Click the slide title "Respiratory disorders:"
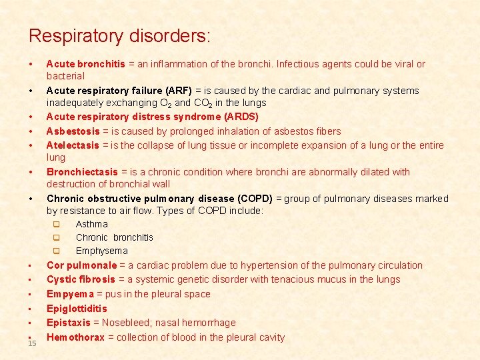pos(119,35)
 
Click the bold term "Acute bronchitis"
pos(85,64)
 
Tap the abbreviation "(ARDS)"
pos(241,117)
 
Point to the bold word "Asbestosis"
pos(73,131)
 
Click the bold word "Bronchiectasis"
pos(81,171)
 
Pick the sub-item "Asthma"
pos(91,224)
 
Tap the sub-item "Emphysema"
pos(101,251)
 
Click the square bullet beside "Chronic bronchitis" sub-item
pos(57,237)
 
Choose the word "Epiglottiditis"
pos(76,308)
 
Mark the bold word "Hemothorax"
pos(75,337)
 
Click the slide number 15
pos(32,343)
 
